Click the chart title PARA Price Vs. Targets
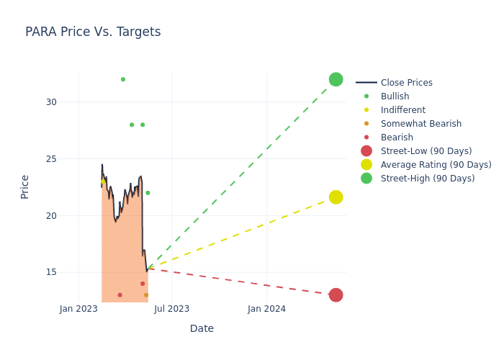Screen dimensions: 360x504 pos(93,32)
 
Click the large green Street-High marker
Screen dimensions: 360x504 pos(336,79)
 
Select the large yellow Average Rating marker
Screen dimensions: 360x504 pos(336,197)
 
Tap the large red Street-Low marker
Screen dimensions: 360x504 pos(336,295)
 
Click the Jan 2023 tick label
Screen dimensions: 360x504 pos(78,309)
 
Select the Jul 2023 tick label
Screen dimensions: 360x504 pos(172,309)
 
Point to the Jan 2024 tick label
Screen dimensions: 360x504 pos(266,309)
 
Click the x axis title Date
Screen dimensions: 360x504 pos(202,329)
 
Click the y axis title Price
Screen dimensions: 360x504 pos(25,186)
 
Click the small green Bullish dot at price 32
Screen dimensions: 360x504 pos(123,79)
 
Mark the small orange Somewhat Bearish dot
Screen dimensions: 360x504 pos(146,295)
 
